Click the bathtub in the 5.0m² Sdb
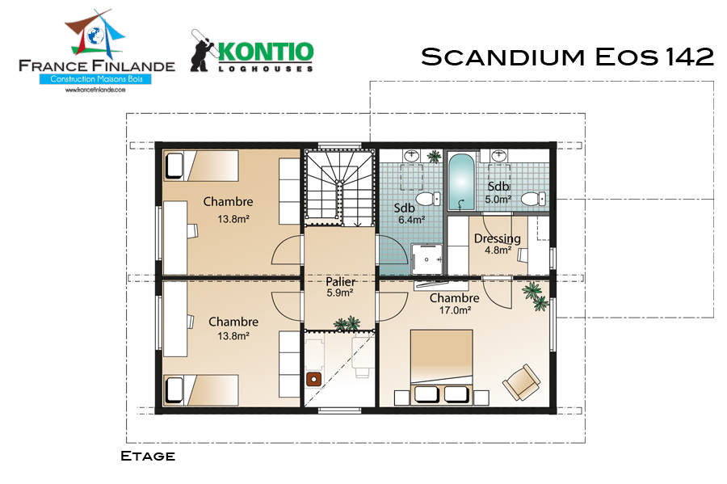click(x=461, y=182)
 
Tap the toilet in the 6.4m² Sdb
click(x=427, y=199)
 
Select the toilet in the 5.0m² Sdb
click(x=534, y=199)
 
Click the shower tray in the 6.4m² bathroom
click(x=427, y=259)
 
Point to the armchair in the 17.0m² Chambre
click(x=522, y=382)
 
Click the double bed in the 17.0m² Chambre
click(x=441, y=366)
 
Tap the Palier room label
click(x=340, y=281)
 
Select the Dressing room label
click(x=497, y=238)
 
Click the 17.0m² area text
click(x=456, y=310)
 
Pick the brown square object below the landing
click(x=314, y=379)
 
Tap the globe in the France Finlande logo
click(x=95, y=36)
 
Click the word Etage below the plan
click(x=148, y=457)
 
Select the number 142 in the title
click(x=690, y=57)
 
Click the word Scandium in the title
click(x=503, y=57)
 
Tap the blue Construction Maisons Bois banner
click(x=96, y=79)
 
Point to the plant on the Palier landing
click(x=347, y=323)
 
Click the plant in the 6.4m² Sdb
click(x=434, y=156)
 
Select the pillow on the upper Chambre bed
click(x=174, y=166)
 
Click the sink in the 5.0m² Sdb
click(x=499, y=155)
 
